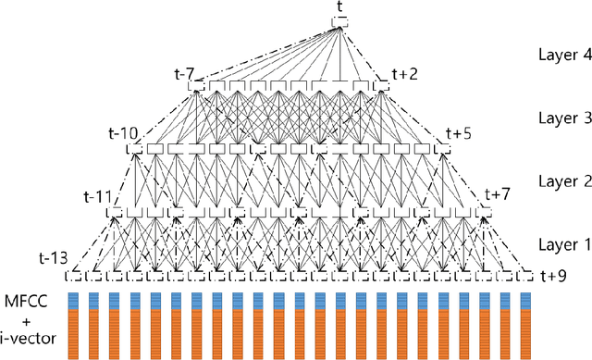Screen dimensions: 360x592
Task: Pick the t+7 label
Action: pos(497,195)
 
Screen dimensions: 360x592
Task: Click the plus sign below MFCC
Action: pos(31,320)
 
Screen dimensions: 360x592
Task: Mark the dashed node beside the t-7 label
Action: pos(196,86)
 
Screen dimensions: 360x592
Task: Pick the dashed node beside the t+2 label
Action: pos(381,86)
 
